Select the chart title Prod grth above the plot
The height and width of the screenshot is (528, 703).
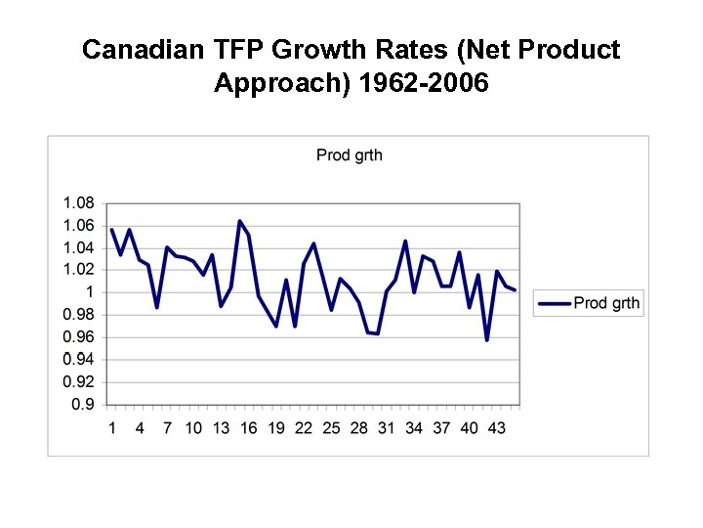(350, 154)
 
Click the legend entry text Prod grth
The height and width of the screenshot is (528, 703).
(606, 303)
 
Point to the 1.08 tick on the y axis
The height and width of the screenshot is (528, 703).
(78, 203)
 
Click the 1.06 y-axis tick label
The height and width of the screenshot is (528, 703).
(78, 226)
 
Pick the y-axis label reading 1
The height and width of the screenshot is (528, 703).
(89, 292)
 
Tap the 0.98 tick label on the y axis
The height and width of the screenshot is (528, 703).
(78, 315)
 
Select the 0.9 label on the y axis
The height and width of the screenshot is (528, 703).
(83, 404)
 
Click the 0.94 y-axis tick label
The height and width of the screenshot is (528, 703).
(78, 360)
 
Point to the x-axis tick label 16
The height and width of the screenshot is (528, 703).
(248, 428)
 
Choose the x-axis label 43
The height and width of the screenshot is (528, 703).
(496, 428)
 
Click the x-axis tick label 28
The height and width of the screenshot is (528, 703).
(358, 428)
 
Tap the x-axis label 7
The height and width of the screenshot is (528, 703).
(167, 428)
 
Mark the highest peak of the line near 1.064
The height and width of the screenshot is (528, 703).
(239, 221)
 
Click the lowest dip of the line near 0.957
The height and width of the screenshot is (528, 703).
(486, 339)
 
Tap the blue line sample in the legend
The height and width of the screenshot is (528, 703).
(555, 303)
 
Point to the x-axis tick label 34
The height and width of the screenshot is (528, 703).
(414, 428)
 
